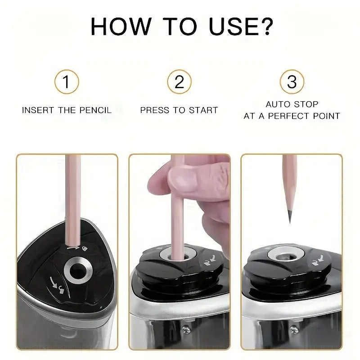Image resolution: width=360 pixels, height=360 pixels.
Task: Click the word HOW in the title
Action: coord(117,27)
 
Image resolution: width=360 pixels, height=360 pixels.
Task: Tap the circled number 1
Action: coord(67,82)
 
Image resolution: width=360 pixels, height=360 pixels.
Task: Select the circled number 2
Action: coord(179,82)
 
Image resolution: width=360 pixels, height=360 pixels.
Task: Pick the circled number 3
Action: coord(292,82)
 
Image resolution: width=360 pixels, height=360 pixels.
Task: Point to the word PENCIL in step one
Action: coord(94,110)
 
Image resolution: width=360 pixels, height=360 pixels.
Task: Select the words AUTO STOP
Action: coord(292,104)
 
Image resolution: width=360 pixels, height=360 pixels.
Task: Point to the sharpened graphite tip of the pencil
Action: coord(289,218)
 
